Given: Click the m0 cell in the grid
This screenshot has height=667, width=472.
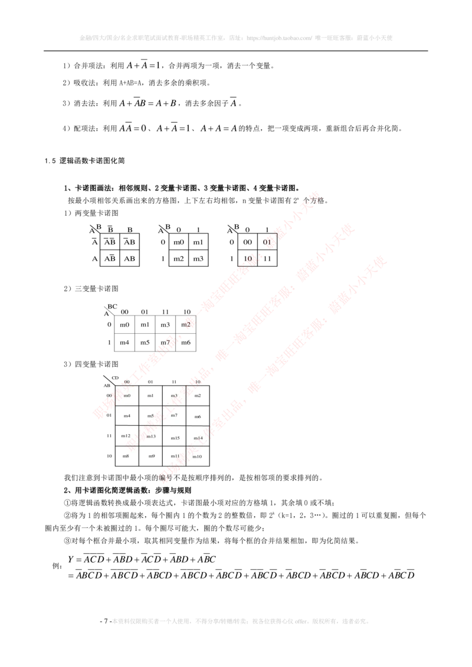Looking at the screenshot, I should pyautogui.click(x=127, y=395).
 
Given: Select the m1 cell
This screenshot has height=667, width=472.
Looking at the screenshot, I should pyautogui.click(x=150, y=395).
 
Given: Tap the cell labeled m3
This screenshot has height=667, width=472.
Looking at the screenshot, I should pyautogui.click(x=174, y=395).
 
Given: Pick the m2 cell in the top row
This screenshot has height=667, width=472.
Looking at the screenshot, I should pyautogui.click(x=198, y=395).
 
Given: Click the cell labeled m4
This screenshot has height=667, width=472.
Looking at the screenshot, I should pyautogui.click(x=127, y=416).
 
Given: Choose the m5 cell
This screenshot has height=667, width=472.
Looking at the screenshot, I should pyautogui.click(x=150, y=416).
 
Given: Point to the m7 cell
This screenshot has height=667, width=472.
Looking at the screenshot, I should pyautogui.click(x=174, y=416).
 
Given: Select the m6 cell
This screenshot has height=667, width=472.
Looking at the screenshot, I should pyautogui.click(x=198, y=416).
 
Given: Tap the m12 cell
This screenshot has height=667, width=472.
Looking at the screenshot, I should pyautogui.click(x=126, y=436).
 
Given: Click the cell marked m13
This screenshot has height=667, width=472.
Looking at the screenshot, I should pyautogui.click(x=151, y=436).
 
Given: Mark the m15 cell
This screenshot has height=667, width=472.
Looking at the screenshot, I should pyautogui.click(x=175, y=438).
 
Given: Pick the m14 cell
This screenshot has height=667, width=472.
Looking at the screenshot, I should pyautogui.click(x=198, y=438).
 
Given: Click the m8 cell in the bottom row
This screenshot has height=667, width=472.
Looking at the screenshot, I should pyautogui.click(x=126, y=456).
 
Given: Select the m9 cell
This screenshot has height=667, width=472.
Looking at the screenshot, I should pyautogui.click(x=151, y=456).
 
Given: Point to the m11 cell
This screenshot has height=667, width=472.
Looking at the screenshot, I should pyautogui.click(x=175, y=456).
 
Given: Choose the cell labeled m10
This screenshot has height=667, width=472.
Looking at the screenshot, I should pyautogui.click(x=198, y=456).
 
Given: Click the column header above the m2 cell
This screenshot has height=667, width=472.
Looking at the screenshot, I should pyautogui.click(x=198, y=382).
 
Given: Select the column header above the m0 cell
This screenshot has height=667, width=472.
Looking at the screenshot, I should pyautogui.click(x=127, y=382).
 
